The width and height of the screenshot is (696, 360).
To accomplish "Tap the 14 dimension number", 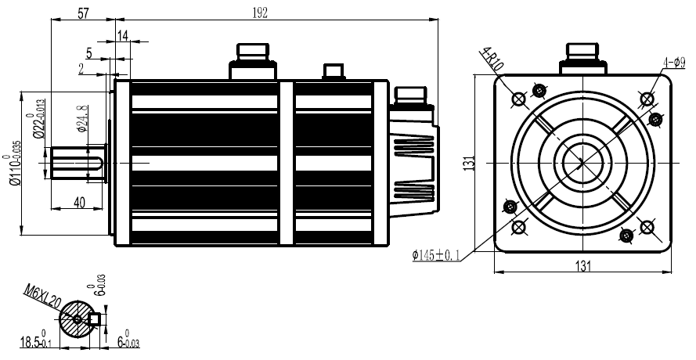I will tap(122, 36).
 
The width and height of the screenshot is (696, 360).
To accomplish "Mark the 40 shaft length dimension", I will tap(80, 202).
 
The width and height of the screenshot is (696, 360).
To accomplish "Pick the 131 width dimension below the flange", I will tap(582, 266).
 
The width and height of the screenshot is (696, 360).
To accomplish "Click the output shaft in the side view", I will tap(78, 163).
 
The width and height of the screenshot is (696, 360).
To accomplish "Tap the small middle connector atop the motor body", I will tap(334, 73).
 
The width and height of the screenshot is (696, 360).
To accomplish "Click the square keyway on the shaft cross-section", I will tap(97, 319).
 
